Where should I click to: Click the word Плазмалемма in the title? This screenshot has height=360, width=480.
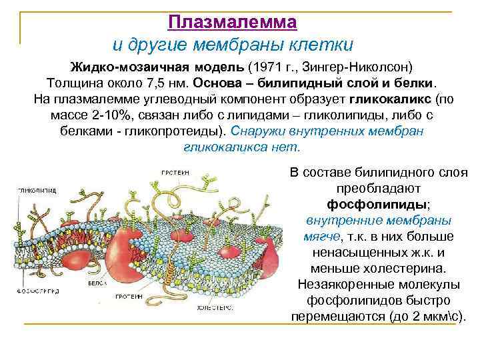pos(232,22)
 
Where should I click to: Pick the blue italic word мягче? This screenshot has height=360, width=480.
pos(319,236)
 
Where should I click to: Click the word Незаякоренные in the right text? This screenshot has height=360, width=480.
pos(336,283)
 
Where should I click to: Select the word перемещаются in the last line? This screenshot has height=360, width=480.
pos(336,315)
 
